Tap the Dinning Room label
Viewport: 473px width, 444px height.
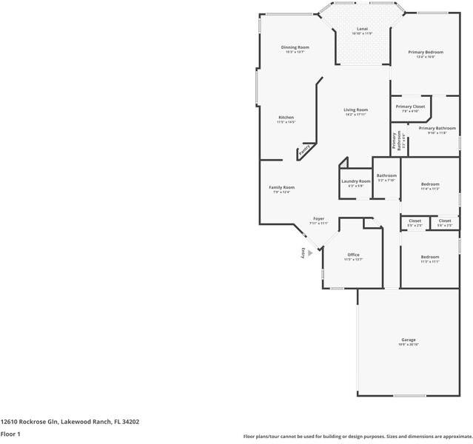pyautogui.click(x=295, y=47)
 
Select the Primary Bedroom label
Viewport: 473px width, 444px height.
pyautogui.click(x=426, y=52)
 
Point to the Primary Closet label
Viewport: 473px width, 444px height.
pyautogui.click(x=409, y=107)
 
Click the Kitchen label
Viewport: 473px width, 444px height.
pyautogui.click(x=286, y=118)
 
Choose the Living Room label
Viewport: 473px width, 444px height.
pyautogui.click(x=356, y=110)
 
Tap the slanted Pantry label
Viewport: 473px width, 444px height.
pyautogui.click(x=304, y=150)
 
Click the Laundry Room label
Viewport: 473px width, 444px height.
pyautogui.click(x=355, y=181)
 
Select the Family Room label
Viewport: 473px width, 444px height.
pyautogui.click(x=281, y=187)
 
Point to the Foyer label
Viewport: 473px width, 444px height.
pyautogui.click(x=318, y=218)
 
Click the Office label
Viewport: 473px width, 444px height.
pyautogui.click(x=353, y=255)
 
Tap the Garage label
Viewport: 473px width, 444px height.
pyautogui.click(x=409, y=340)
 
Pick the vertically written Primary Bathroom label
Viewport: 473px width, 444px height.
pyautogui.click(x=397, y=140)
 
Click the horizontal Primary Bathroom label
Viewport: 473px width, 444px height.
pyautogui.click(x=436, y=128)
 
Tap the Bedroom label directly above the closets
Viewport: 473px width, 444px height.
pyautogui.click(x=430, y=184)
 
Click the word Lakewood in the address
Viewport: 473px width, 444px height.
pyautogui.click(x=76, y=422)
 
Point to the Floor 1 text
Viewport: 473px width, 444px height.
pyautogui.click(x=10, y=434)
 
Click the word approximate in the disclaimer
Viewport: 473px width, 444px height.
pyautogui.click(x=445, y=437)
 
